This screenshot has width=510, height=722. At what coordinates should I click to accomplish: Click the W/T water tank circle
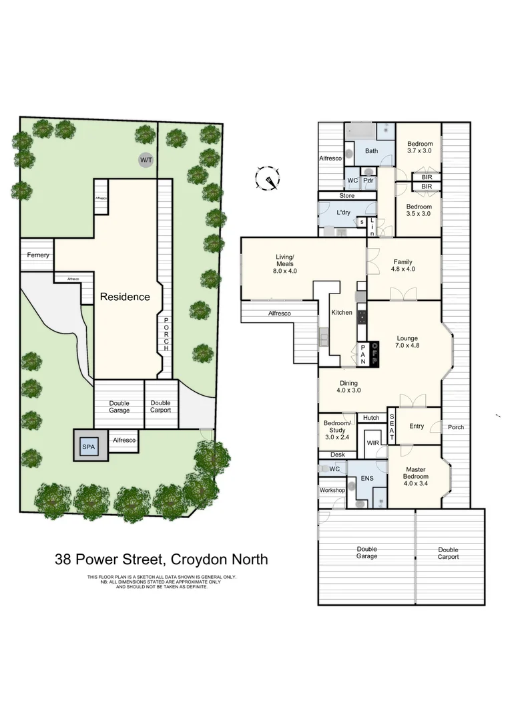[x=145, y=160]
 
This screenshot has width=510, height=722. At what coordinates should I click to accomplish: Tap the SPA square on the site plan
[x=89, y=447]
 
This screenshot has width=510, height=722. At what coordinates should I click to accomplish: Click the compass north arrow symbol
[x=268, y=178]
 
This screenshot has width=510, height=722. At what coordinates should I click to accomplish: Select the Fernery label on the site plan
[x=37, y=255]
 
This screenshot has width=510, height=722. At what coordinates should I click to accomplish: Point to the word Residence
[x=125, y=297]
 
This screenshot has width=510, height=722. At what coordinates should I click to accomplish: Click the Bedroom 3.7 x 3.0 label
[x=420, y=147]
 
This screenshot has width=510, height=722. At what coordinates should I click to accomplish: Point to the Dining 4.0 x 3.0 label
[x=348, y=386]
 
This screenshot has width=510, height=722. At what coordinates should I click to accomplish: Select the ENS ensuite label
[x=366, y=479]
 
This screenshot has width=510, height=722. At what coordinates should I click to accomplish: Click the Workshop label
[x=332, y=490]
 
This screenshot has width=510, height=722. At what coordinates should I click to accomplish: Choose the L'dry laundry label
[x=343, y=212]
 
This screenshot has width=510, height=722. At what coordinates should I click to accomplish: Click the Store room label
[x=346, y=196]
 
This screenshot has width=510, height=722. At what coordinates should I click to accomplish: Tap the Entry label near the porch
[x=417, y=426]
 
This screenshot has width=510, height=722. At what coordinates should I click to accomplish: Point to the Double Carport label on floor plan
[x=448, y=553]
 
